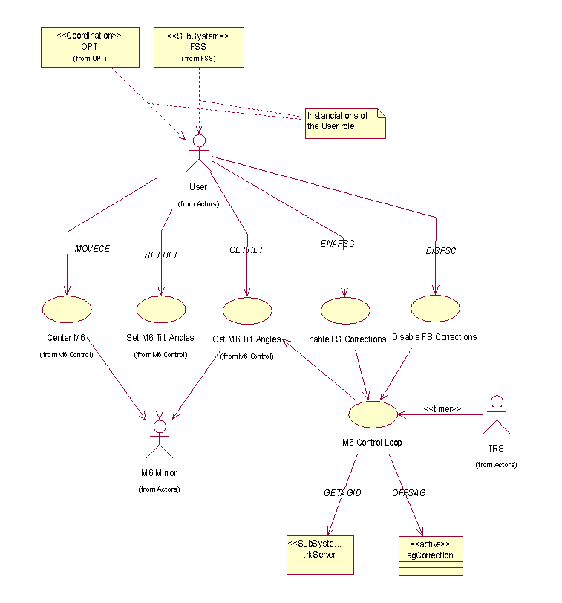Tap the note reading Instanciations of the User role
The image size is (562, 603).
(346, 122)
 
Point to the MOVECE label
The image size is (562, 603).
(92, 249)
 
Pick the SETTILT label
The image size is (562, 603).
(161, 255)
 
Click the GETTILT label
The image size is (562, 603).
(246, 250)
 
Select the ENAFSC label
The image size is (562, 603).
(338, 244)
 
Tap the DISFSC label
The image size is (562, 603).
(441, 251)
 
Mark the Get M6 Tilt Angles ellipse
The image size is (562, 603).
(247, 311)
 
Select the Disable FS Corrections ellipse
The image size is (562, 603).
(436, 308)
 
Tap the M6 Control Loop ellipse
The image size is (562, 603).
(373, 413)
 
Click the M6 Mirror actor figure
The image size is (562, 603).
(159, 440)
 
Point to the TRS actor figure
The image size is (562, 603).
(497, 416)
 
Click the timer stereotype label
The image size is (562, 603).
(442, 408)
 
